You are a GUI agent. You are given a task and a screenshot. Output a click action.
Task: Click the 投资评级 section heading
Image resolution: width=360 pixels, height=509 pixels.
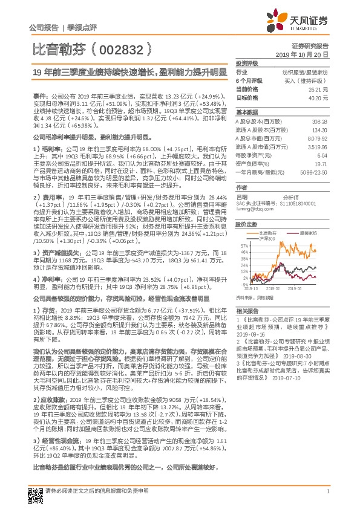pyautogui.click(x=247, y=63)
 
